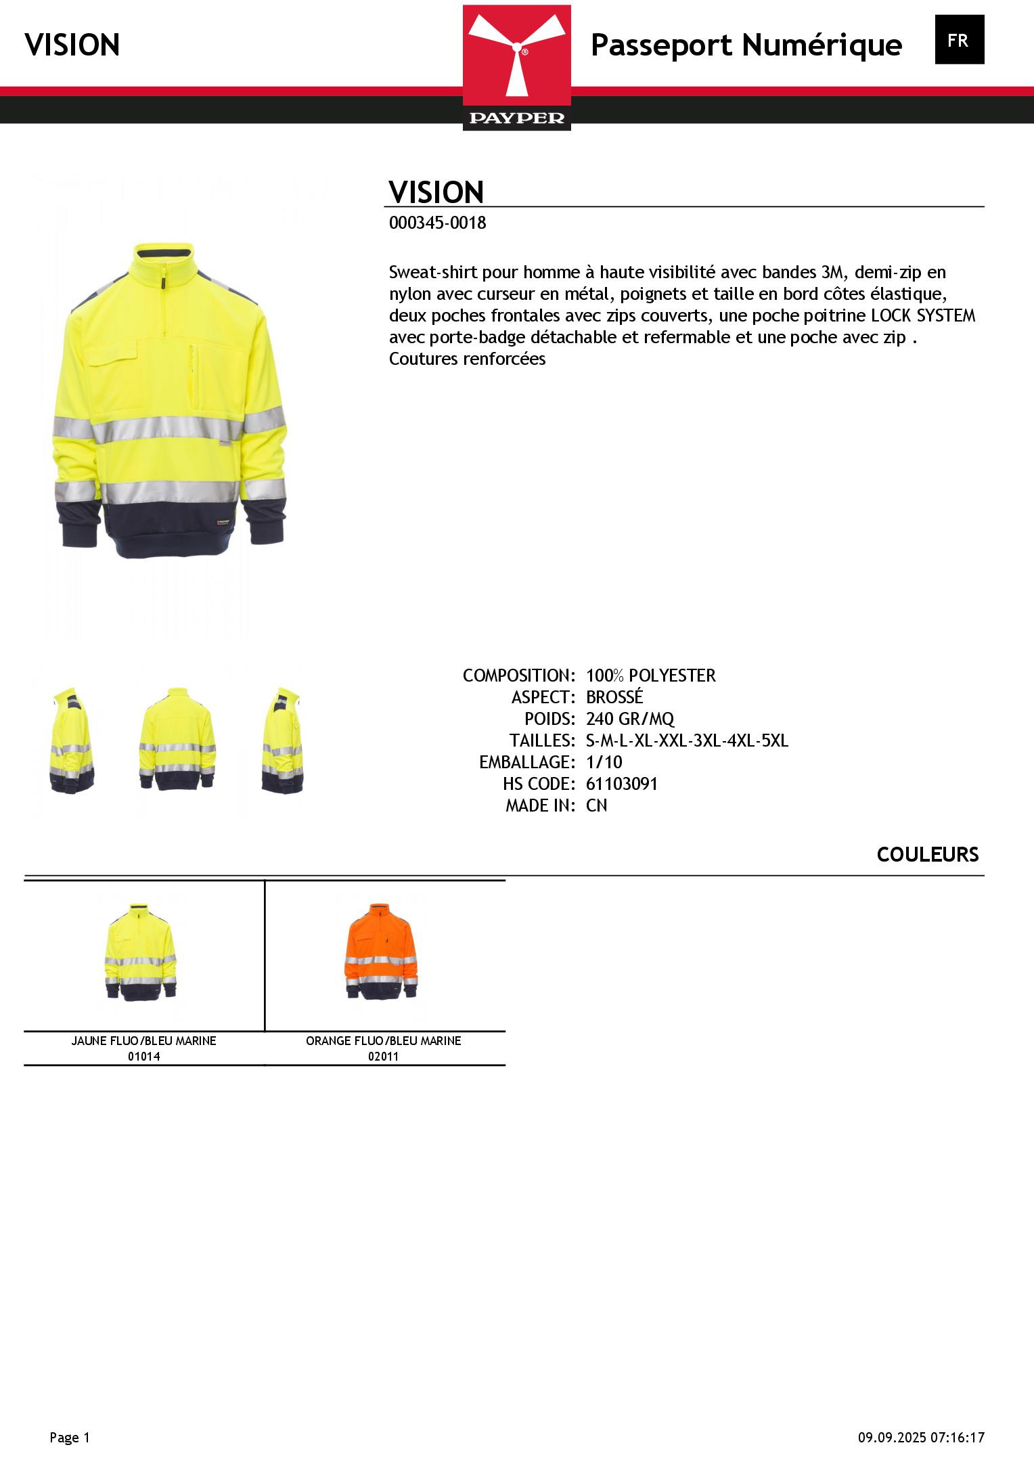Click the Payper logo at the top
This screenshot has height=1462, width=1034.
tap(516, 67)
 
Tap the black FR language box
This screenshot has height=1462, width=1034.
tap(959, 40)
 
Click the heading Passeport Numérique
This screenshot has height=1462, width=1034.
tap(746, 45)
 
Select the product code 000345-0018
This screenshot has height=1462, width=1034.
tap(437, 223)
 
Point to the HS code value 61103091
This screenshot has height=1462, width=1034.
tap(621, 784)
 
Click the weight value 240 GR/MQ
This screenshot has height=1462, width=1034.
tap(630, 719)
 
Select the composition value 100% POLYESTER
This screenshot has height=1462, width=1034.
tap(650, 675)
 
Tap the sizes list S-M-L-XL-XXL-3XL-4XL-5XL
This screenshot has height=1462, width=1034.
tap(687, 740)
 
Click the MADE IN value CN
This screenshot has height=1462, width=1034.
tap(596, 805)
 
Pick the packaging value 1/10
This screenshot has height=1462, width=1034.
tap(604, 762)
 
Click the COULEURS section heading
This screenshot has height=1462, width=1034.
tap(927, 855)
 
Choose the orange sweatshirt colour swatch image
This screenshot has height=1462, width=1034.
tap(382, 951)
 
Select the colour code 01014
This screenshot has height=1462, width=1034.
tap(143, 1057)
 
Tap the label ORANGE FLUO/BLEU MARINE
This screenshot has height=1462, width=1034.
tap(383, 1041)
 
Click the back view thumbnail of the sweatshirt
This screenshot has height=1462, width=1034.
tap(177, 739)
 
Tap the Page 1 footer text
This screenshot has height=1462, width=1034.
tap(70, 1438)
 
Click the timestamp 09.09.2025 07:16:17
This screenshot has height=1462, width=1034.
tap(921, 1438)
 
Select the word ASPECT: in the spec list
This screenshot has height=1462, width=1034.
tap(543, 697)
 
